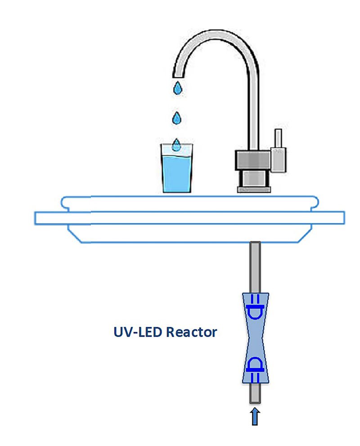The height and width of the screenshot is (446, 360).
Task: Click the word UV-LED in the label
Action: tap(138, 333)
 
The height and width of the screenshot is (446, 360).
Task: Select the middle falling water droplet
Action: tap(177, 118)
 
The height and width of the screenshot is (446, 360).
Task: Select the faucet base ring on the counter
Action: tap(254, 183)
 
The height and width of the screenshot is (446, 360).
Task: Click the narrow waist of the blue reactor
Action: tap(255, 338)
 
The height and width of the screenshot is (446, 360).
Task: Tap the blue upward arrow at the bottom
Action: tap(255, 416)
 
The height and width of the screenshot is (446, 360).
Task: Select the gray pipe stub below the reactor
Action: tap(255, 394)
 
